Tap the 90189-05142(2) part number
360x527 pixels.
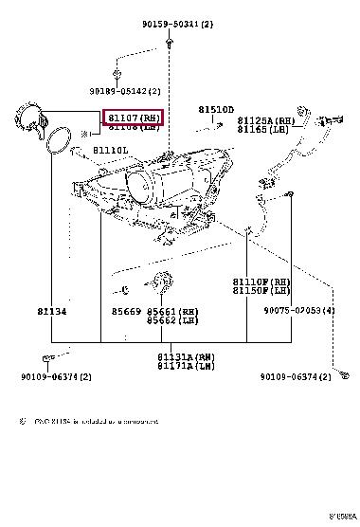pos(125,91)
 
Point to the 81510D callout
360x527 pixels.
pos(215,110)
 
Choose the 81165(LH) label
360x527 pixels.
pos(262,129)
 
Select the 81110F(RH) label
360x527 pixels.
pos(261,282)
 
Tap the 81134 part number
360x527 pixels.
pos(52,309)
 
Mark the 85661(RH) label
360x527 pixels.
pos(171,310)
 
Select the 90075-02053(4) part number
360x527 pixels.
pos(299,310)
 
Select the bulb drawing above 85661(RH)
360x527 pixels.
pos(161,282)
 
